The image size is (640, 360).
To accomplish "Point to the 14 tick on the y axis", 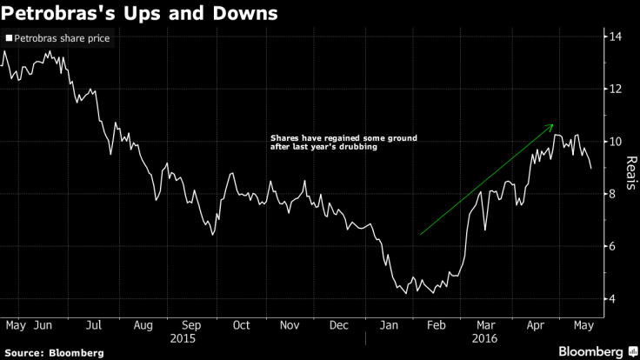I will (x=614, y=37).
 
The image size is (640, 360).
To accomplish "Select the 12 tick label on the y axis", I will (x=614, y=89).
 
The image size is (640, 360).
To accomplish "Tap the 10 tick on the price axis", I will (x=614, y=141).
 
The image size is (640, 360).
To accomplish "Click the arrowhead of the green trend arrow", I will (x=551, y=127).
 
